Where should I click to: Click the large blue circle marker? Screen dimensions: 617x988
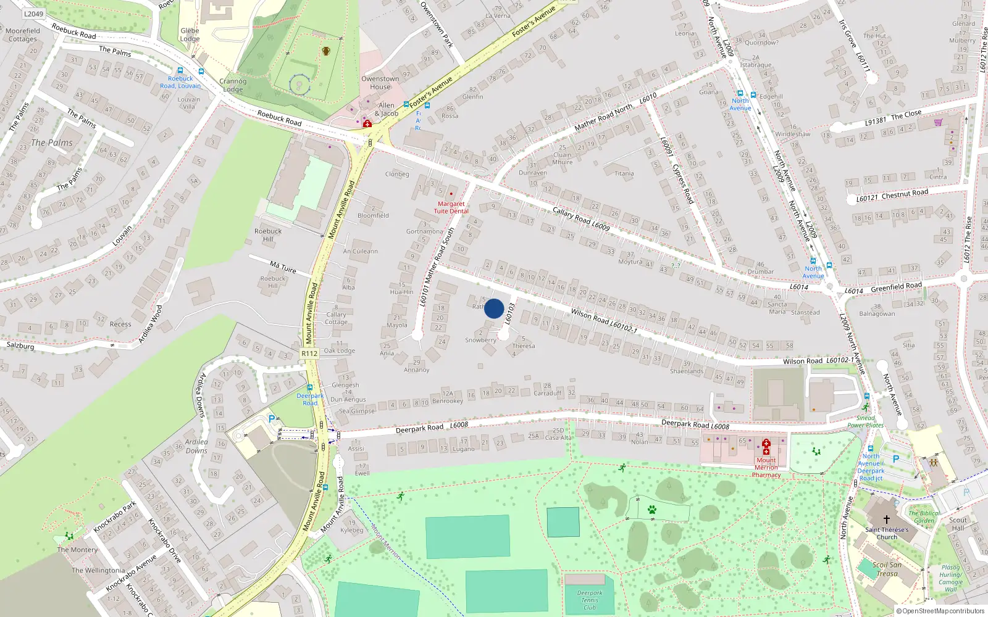point(494,308)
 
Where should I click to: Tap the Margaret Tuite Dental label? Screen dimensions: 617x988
point(451,207)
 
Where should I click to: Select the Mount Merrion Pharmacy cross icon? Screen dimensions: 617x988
point(766,447)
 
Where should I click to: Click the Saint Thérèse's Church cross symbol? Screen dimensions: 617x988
point(887,520)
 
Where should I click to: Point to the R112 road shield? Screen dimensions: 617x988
point(309,354)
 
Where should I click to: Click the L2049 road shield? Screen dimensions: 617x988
point(34,14)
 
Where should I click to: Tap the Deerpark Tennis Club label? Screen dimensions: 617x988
point(590,600)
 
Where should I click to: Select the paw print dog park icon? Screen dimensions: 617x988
point(651,510)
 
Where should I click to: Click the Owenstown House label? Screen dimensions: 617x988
point(380,83)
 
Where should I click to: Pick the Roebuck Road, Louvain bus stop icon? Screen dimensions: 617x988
point(180,71)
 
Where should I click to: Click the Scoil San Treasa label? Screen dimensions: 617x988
point(887,569)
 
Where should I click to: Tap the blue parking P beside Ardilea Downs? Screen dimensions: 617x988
point(271,419)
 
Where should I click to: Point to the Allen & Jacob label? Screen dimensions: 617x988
point(387,109)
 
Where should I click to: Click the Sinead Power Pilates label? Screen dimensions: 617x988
point(865,421)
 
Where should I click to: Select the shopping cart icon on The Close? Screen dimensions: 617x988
point(939,122)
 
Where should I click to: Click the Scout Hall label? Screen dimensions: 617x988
point(958,524)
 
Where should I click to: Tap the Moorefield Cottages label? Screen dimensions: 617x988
point(23,35)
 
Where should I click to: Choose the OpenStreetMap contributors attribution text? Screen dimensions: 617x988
point(940,611)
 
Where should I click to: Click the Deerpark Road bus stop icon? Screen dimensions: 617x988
point(310,388)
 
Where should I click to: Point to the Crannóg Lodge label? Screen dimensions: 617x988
point(233,85)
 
